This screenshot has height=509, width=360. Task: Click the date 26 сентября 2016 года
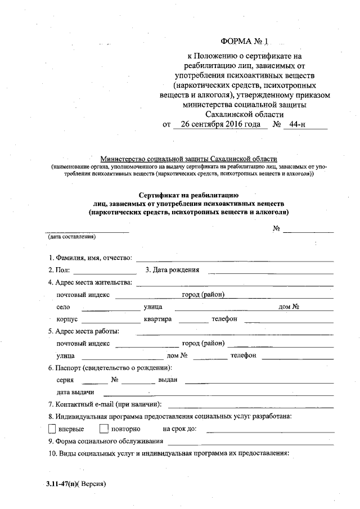click(x=217, y=124)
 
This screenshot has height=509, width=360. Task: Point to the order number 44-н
click(x=294, y=124)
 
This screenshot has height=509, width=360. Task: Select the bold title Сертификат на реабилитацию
click(x=189, y=194)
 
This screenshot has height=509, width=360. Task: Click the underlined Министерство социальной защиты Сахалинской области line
click(x=188, y=159)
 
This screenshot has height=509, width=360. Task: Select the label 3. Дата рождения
click(x=172, y=270)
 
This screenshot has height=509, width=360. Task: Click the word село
click(x=63, y=307)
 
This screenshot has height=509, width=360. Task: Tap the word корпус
click(x=67, y=319)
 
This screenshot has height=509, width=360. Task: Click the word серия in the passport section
click(x=65, y=380)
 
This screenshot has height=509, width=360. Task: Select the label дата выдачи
click(x=75, y=392)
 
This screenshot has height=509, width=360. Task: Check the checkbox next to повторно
click(x=103, y=429)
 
